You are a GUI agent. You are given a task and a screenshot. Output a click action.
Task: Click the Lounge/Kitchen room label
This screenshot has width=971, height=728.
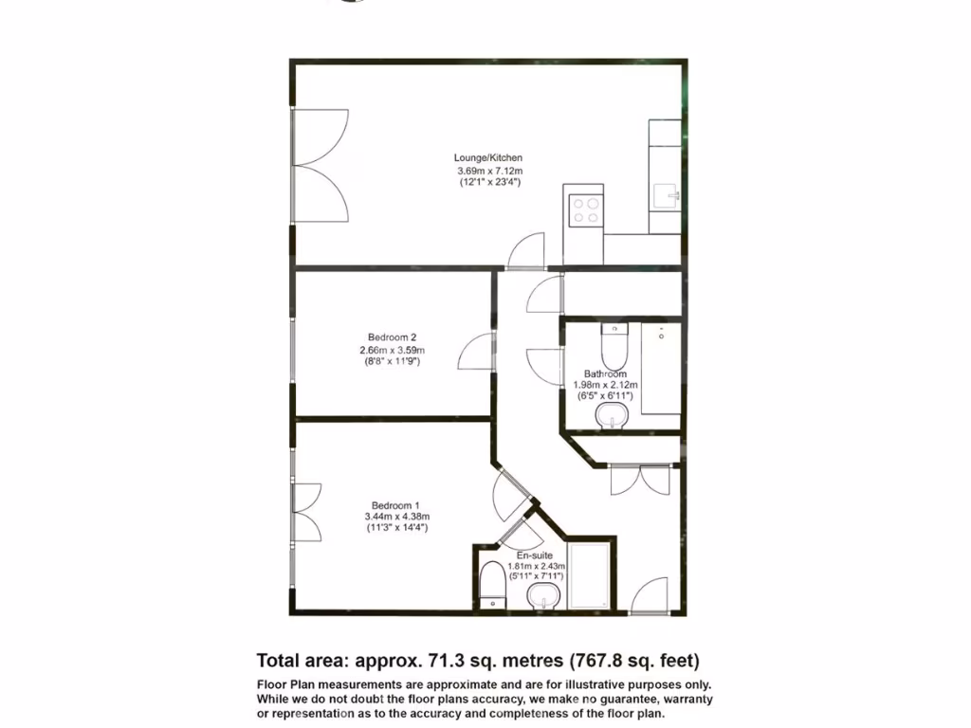(x=487, y=157)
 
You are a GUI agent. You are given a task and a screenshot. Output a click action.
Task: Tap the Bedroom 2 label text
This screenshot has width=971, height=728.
(x=393, y=337)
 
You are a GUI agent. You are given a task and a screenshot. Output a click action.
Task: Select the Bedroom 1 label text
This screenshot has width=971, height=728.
(x=395, y=504)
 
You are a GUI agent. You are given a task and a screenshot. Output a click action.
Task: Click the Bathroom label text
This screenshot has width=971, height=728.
(x=605, y=373)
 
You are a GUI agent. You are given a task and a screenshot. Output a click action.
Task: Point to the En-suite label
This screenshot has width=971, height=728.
(x=535, y=555)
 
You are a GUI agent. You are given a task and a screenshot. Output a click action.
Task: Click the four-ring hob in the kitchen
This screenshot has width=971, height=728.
(x=583, y=209)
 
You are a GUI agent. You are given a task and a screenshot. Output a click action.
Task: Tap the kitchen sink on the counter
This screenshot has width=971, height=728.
(x=671, y=196)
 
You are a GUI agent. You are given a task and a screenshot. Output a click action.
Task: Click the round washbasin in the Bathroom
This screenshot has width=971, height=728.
(x=614, y=414)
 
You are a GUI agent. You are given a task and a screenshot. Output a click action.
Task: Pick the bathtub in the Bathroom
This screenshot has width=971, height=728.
(x=661, y=370)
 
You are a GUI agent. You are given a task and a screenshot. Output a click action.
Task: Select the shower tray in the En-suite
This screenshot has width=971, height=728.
(x=592, y=576)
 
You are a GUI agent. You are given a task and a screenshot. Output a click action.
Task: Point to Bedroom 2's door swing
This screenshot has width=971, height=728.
(x=474, y=353)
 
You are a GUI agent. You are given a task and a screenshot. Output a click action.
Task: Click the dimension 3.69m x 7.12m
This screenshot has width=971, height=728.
(x=487, y=171)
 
